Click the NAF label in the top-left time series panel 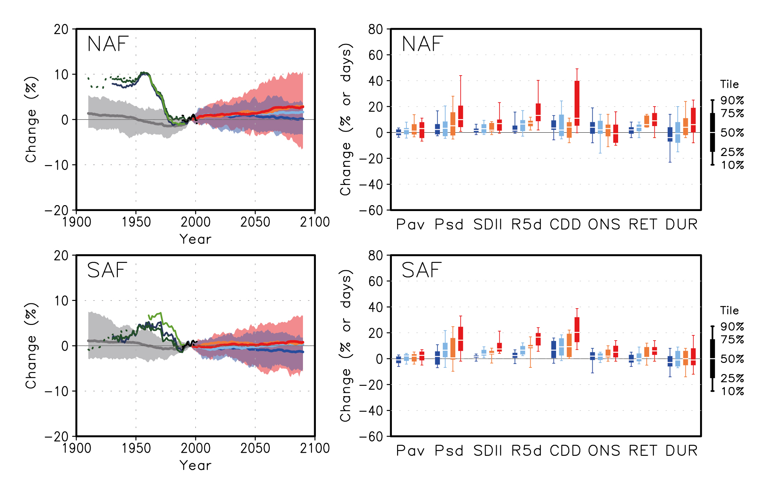(x=108, y=44)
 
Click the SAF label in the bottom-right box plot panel (x=422, y=271)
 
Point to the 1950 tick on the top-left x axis (x=136, y=222)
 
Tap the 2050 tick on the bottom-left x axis (x=255, y=448)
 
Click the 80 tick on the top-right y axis (x=375, y=29)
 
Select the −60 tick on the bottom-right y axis (x=371, y=436)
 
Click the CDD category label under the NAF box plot (x=565, y=225)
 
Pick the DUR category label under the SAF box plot (x=682, y=451)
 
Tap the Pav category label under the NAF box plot (x=410, y=225)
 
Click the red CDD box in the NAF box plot (x=577, y=103)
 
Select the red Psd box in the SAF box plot (x=461, y=339)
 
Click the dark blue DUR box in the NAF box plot (x=670, y=134)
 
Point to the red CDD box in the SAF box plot (x=577, y=329)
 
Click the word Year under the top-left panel (x=195, y=239)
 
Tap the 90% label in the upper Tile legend (x=732, y=101)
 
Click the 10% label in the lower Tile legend (x=732, y=391)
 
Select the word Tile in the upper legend (x=729, y=84)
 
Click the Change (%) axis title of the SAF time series (x=31, y=345)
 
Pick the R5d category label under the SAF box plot (x=526, y=451)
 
